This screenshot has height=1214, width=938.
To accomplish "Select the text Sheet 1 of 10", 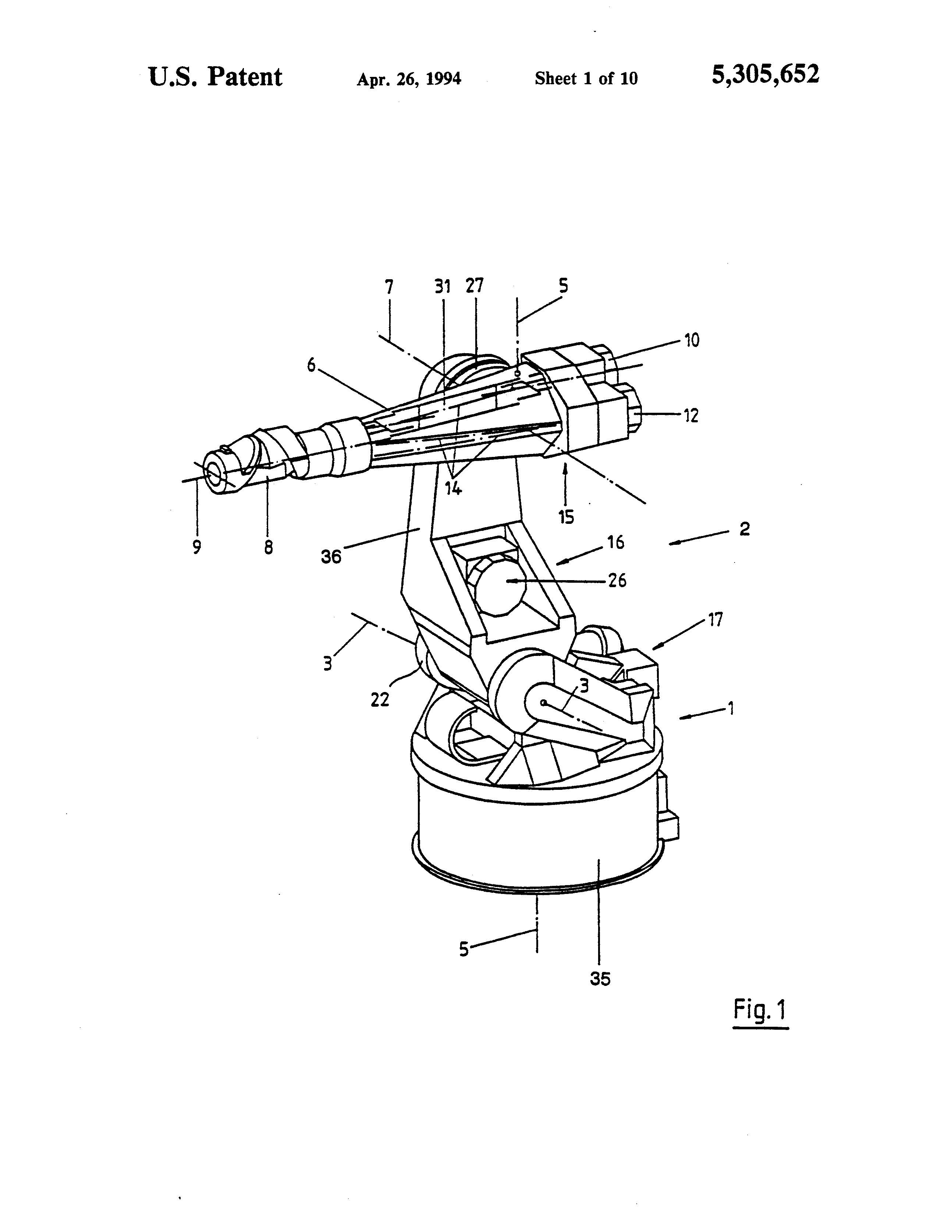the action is [586, 78].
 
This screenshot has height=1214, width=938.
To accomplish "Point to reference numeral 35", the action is [600, 978].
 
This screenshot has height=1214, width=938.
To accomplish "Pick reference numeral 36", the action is [331, 556].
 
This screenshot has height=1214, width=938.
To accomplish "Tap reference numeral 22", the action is [380, 700].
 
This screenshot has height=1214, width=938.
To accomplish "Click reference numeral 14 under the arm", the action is [454, 489].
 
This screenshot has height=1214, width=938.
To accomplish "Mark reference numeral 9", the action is [197, 547].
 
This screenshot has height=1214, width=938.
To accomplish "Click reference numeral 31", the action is [442, 286].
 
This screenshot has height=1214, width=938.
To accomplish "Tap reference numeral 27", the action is [474, 286].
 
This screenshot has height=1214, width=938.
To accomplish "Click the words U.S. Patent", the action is [216, 77].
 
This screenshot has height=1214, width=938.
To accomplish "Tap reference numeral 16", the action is [616, 542].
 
